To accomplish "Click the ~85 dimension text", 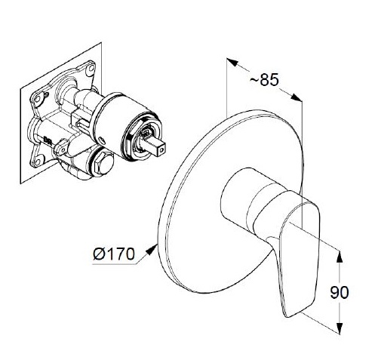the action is tap(264, 80).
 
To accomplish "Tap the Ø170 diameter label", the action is tap(114, 254).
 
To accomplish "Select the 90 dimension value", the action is tap(340, 292).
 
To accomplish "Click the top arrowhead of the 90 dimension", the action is tap(340, 257).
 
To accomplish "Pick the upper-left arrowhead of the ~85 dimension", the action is tap(232, 62).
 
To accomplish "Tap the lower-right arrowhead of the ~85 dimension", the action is tap(297, 97).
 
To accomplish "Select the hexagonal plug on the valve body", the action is tap(104, 164).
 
